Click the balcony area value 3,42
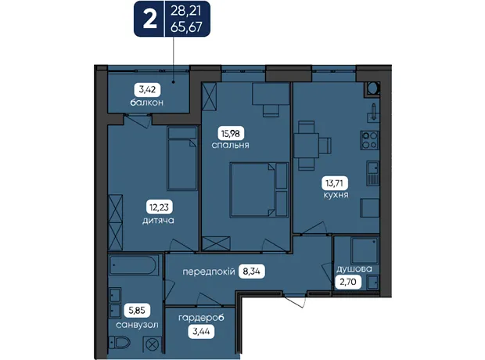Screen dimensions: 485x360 pyautogui.click(x=147, y=90)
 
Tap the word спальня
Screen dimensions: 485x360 pyautogui.click(x=231, y=146)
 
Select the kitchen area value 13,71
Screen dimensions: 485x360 pyautogui.click(x=334, y=183)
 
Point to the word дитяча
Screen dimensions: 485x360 pyautogui.click(x=158, y=221)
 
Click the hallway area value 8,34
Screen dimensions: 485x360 pyautogui.click(x=251, y=272)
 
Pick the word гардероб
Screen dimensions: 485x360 pyautogui.click(x=201, y=319)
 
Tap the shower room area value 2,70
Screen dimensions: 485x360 pyautogui.click(x=348, y=282)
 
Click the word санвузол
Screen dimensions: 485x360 pyautogui.click(x=137, y=325)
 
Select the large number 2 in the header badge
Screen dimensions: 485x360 pyautogui.click(x=149, y=20)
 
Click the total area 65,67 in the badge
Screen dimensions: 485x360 pyautogui.click(x=186, y=27)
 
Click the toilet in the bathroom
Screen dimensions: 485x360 pyautogui.click(x=120, y=343)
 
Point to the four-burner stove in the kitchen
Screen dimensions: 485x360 pyautogui.click(x=370, y=140)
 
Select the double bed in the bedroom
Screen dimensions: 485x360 pyautogui.click(x=259, y=189)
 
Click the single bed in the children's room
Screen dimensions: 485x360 pyautogui.click(x=182, y=158)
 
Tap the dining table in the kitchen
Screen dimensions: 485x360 pyautogui.click(x=306, y=146)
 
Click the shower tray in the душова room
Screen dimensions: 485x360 pyautogui.click(x=365, y=250)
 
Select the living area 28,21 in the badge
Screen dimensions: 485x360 pyautogui.click(x=186, y=11)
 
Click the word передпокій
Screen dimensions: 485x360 pyautogui.click(x=209, y=272)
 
